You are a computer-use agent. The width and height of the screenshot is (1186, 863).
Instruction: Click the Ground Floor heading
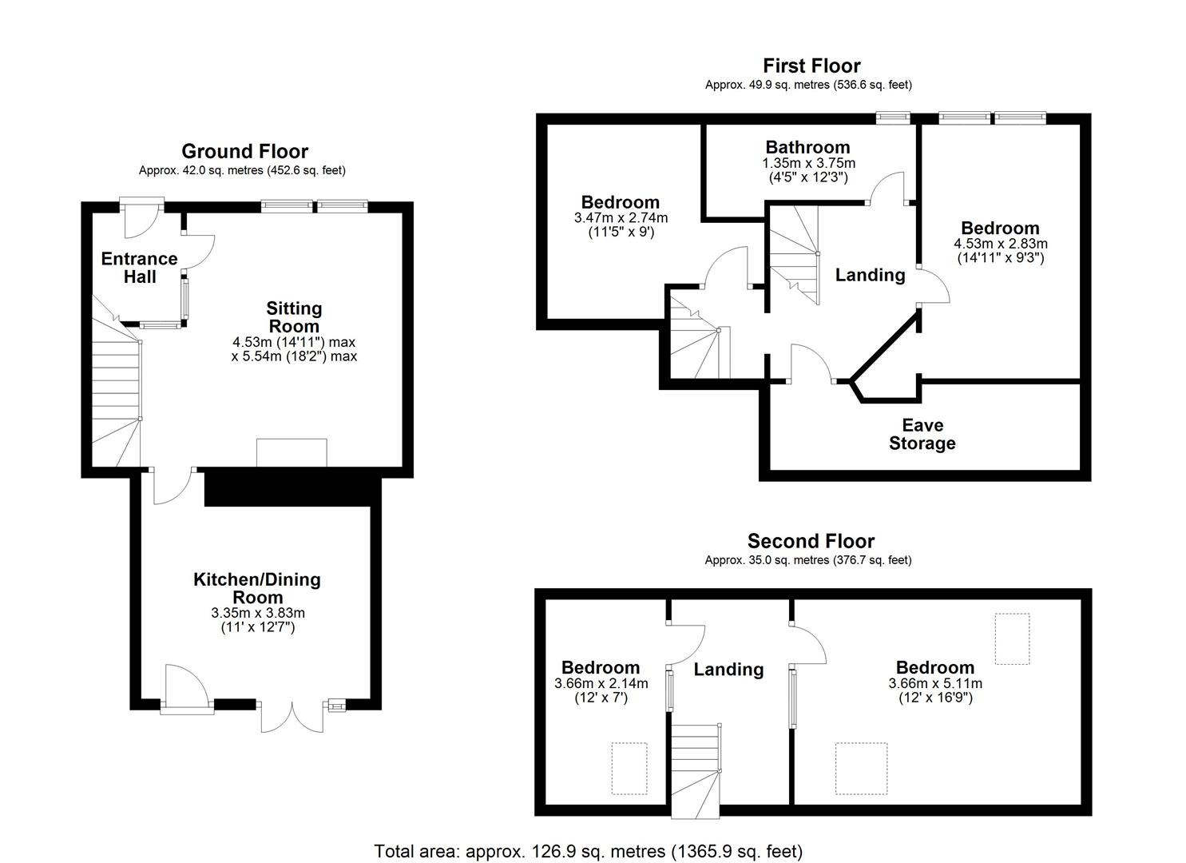pyautogui.click(x=244, y=151)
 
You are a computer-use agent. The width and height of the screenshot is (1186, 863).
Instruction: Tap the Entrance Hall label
pyautogui.click(x=139, y=268)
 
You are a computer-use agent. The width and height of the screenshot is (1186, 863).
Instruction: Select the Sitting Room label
pyautogui.click(x=294, y=317)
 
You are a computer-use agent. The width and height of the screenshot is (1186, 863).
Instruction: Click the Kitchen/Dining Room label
pyautogui.click(x=257, y=588)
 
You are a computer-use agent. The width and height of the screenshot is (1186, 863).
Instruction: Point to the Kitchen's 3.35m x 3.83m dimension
pyautogui.click(x=258, y=613)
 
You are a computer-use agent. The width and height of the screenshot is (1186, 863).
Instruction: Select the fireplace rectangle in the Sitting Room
pyautogui.click(x=292, y=452)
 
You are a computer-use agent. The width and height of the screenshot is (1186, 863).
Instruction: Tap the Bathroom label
pyautogui.click(x=807, y=147)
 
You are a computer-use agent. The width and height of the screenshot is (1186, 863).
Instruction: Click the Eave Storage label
pyautogui.click(x=922, y=434)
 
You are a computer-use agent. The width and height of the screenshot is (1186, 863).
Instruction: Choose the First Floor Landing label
pyautogui.click(x=870, y=275)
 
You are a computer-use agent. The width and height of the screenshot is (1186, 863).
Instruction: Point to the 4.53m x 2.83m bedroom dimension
pyautogui.click(x=1000, y=244)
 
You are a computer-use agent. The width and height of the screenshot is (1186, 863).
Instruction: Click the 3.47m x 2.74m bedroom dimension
pyautogui.click(x=621, y=217)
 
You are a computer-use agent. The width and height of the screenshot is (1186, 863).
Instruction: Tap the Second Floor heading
pyautogui.click(x=811, y=542)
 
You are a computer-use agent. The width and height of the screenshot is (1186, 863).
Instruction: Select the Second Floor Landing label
pyautogui.click(x=728, y=670)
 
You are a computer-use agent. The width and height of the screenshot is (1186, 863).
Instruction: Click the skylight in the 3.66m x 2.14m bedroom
pyautogui.click(x=629, y=768)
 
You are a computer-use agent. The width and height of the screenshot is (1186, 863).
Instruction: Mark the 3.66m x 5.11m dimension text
pyautogui.click(x=934, y=683)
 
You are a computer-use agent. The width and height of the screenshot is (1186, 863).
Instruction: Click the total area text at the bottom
pyautogui.click(x=589, y=851)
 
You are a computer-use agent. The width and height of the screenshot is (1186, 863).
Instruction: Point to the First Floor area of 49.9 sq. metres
pyautogui.click(x=808, y=85)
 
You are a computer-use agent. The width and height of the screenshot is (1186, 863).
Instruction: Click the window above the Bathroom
pyautogui.click(x=893, y=117)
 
